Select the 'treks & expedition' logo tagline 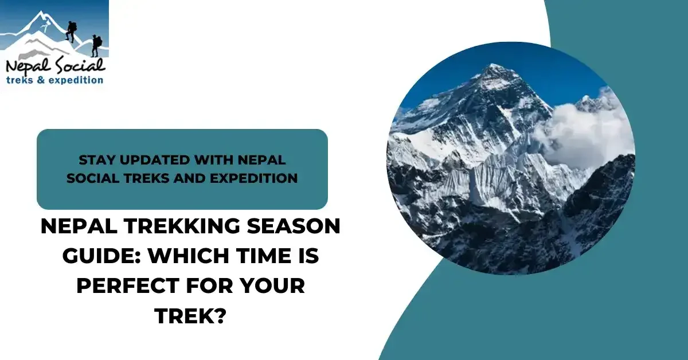click(x=54, y=80)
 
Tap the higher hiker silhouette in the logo click(x=71, y=31)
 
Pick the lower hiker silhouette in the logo click(x=96, y=45)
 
